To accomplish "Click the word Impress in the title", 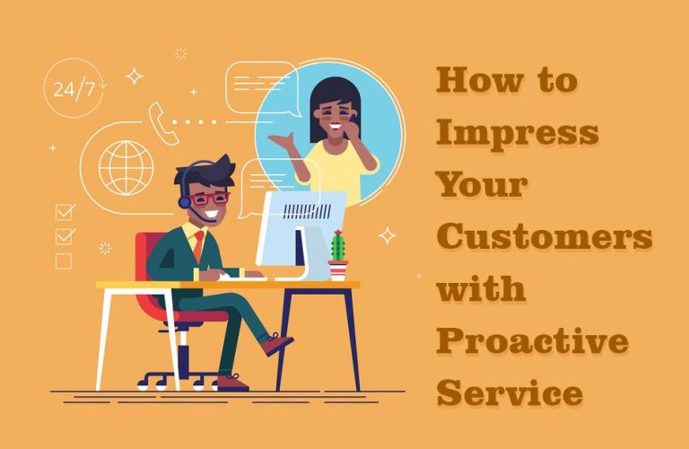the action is pos(517,134).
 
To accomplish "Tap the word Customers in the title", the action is pos(544,235).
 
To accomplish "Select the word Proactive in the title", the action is pos(532,342).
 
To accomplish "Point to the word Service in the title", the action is pos(510,392).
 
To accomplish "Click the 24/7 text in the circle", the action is pos(74,89).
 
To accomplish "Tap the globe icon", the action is pos(126,168).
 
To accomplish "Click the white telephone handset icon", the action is pos(163,124).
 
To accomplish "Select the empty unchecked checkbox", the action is pos(64,261).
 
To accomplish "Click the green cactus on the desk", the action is pos(337,245).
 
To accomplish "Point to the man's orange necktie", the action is pos(198,245).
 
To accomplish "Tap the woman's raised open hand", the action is pos(282,141).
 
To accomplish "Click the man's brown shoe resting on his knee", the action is pos(277,343).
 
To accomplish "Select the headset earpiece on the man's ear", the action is pos(185,202).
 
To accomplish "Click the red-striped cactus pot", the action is pos(338,270).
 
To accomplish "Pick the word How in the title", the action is pos(479,81).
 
